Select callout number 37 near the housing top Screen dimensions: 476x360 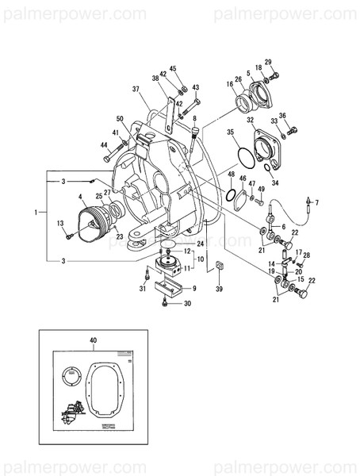136,89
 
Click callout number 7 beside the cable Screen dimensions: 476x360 316,203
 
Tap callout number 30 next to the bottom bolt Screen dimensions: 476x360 187,303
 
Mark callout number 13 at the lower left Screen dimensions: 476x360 59,225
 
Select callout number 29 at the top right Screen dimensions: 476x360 268,62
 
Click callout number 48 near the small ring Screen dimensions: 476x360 231,174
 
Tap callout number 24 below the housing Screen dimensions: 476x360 201,244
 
